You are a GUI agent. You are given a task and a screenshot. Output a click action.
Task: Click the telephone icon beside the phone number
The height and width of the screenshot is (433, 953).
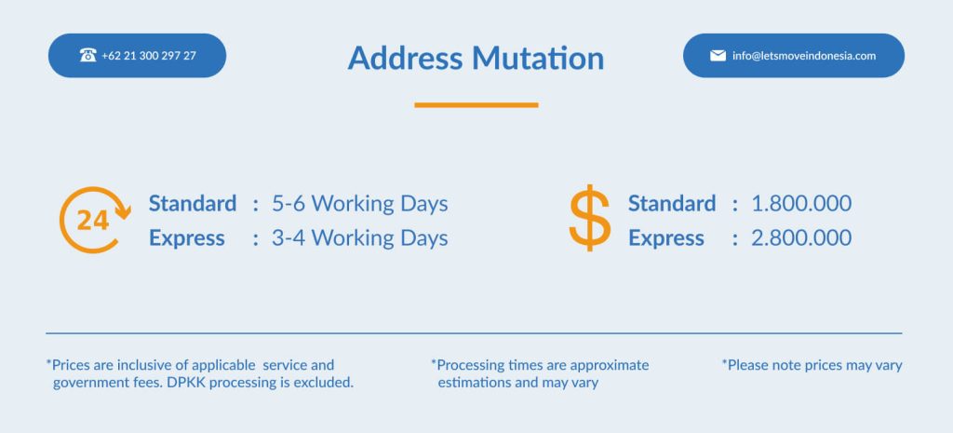88,55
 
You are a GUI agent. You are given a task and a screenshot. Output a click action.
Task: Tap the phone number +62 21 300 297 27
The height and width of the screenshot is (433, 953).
149,55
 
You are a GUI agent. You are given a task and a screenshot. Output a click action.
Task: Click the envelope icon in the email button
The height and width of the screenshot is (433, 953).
718,55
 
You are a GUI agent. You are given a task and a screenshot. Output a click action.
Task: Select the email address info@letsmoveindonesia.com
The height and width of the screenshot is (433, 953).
804,55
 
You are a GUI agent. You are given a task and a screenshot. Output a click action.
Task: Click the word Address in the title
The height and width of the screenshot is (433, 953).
406,59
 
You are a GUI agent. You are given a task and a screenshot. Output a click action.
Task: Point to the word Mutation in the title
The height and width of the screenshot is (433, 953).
538,59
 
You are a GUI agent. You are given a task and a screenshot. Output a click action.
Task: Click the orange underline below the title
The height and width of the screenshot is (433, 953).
476,105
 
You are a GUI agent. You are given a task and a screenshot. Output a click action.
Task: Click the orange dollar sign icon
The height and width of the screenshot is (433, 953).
589,218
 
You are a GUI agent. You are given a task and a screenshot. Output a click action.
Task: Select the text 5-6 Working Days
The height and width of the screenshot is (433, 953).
360,203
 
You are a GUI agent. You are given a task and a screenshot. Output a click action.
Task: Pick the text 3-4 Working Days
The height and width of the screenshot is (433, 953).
360,237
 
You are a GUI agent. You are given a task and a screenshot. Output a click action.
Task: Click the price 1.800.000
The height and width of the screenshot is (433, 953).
801,203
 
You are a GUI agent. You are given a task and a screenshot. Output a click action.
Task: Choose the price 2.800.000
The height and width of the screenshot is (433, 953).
801,237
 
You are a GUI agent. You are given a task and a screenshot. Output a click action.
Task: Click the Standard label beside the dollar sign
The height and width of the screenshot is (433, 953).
672,203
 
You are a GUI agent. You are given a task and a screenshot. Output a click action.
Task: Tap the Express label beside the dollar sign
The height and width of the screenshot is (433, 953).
666,238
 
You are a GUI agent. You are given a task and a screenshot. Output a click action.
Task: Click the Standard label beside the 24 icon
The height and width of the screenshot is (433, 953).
193,203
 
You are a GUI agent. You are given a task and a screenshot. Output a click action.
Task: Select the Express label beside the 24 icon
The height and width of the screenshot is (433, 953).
186,238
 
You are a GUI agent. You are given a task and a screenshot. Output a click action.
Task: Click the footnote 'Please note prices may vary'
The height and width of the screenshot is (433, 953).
812,366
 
